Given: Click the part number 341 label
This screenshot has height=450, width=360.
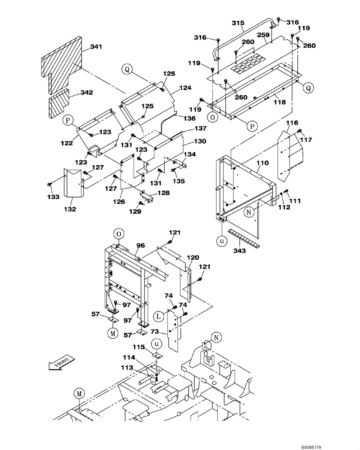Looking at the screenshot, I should (x=96, y=46).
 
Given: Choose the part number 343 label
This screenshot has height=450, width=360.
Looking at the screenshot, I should (x=239, y=251).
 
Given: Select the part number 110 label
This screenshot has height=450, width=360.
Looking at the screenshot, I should (x=262, y=163).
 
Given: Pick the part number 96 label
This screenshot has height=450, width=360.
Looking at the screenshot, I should (x=140, y=246).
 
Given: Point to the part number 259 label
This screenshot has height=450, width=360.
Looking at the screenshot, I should (x=263, y=35).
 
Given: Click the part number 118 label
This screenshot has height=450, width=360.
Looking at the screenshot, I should (x=279, y=102).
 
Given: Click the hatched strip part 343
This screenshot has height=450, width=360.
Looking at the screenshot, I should (x=243, y=238).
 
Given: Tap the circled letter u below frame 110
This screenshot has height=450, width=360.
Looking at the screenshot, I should (x=221, y=241).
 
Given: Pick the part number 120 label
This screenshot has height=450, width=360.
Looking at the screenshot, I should (x=193, y=257).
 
